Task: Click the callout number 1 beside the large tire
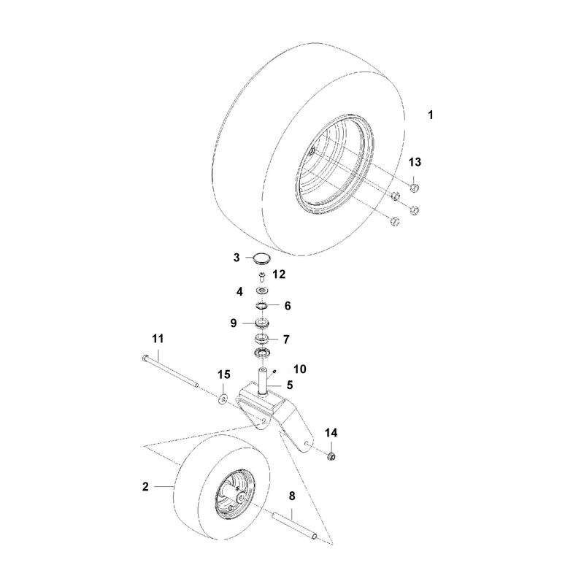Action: point(431,115)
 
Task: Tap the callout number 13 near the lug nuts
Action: point(415,162)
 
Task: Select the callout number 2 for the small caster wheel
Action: point(145,486)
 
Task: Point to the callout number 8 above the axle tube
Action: point(292,496)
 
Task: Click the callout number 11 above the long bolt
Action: point(158,339)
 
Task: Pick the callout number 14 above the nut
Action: point(331,433)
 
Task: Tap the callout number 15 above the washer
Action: point(224,374)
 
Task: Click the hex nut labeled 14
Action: point(331,456)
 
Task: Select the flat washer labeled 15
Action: point(223,399)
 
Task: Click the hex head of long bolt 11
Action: point(145,358)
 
